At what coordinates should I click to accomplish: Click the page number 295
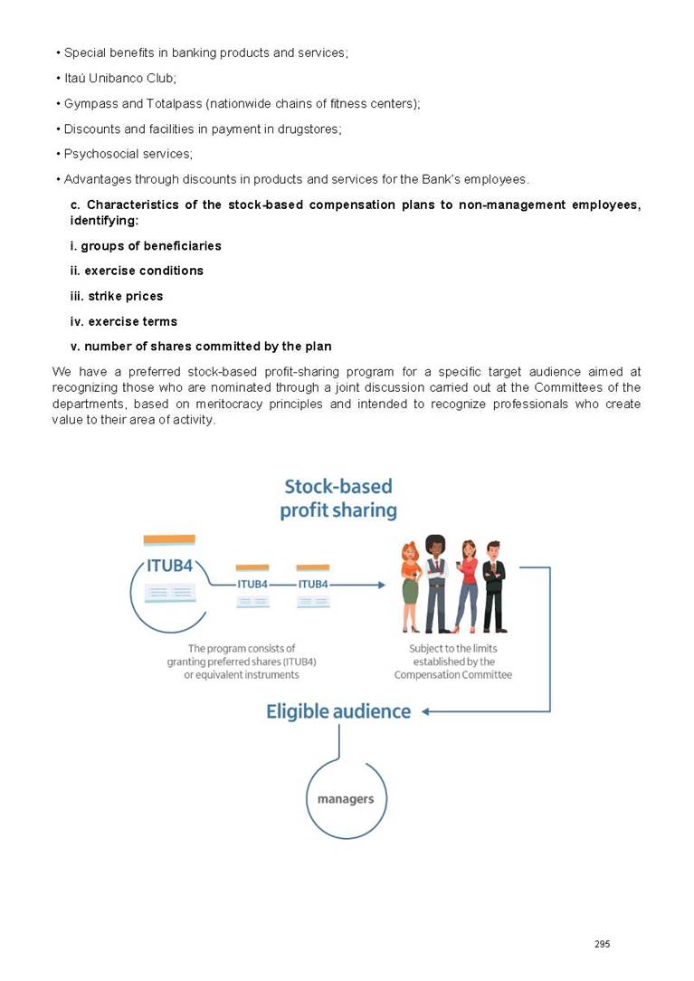tap(602, 944)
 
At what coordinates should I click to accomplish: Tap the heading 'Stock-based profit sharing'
tap(338, 499)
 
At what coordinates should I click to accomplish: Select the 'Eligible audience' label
tap(338, 711)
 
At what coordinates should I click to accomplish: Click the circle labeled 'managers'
tap(346, 798)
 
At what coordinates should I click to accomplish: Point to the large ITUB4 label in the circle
tap(169, 567)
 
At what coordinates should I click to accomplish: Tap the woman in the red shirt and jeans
tap(467, 586)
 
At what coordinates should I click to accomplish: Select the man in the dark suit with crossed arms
tap(494, 586)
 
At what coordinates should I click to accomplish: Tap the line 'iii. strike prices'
tap(117, 296)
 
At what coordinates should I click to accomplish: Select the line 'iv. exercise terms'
tap(124, 321)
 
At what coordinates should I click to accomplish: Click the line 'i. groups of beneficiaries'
tap(146, 245)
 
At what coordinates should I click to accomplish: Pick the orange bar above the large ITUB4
tap(169, 540)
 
